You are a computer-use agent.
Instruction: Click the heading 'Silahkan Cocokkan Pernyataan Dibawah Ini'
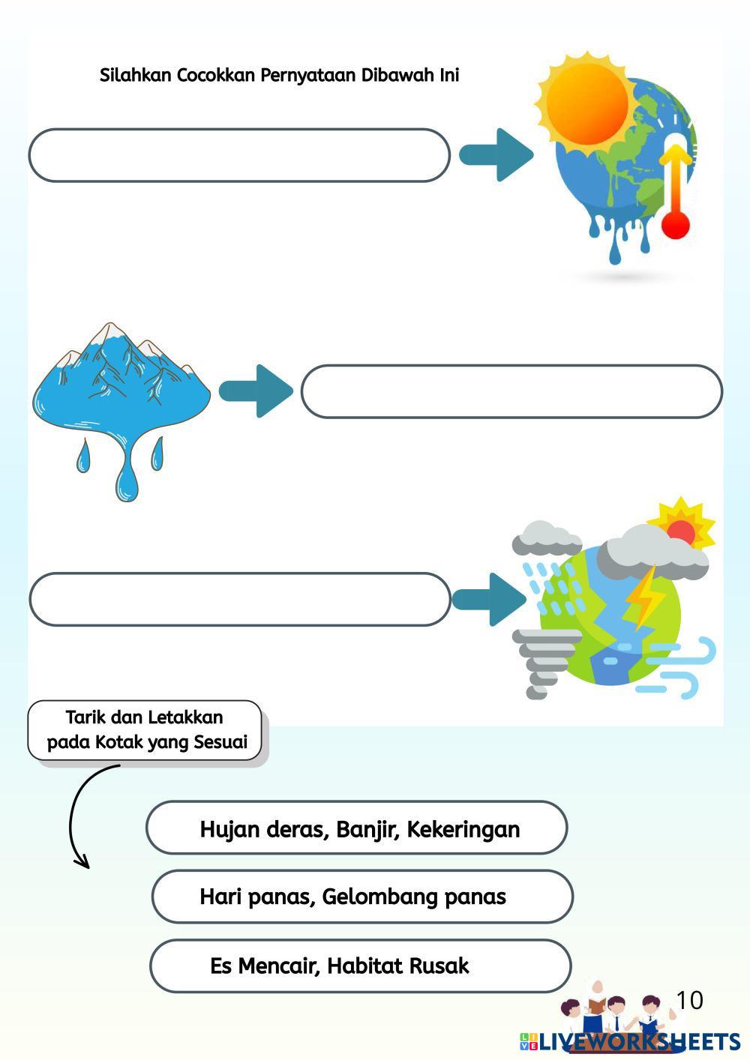279,75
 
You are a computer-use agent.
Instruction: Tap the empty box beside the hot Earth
239,155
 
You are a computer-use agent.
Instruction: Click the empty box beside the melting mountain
511,391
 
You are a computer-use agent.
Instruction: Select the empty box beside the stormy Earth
239,599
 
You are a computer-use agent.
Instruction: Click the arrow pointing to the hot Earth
496,154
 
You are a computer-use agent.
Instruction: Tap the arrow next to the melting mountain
256,391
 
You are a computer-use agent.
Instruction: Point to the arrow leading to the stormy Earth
490,599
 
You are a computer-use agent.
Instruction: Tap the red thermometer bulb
676,224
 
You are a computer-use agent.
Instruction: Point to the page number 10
689,1000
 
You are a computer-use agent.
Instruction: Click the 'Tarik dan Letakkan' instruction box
145,730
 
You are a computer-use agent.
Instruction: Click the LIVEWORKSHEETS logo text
638,1041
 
